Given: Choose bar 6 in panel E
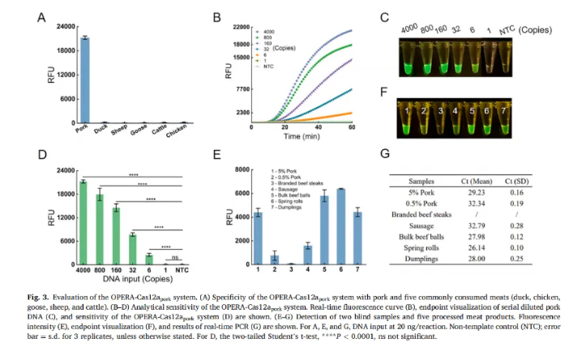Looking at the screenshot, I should (x=340, y=226).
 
